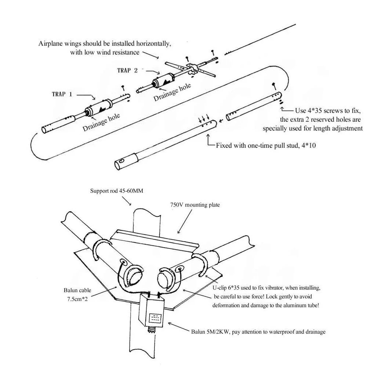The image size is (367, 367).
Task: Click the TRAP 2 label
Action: tap(127, 70)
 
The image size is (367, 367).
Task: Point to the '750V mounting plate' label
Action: tap(195, 205)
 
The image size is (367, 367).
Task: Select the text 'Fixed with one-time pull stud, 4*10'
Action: tap(266, 145)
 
